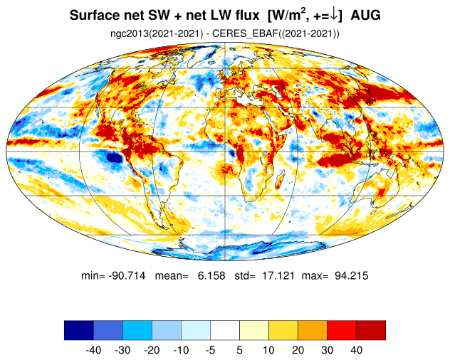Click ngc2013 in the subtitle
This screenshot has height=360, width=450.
(x=130, y=33)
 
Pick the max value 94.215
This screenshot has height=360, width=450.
(x=349, y=275)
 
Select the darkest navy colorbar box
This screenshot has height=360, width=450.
(x=78, y=330)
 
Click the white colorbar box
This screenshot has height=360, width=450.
(x=225, y=330)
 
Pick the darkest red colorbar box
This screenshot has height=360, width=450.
(x=371, y=330)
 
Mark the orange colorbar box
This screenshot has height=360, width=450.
(x=313, y=330)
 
